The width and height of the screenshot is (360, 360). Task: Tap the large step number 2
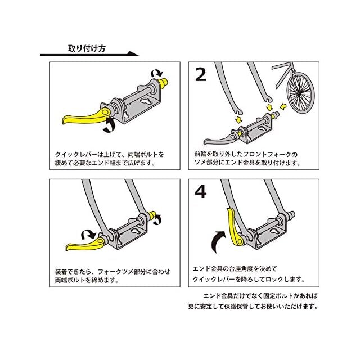point(201,75)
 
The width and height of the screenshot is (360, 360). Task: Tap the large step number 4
point(201,192)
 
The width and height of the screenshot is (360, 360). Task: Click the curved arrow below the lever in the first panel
point(111,126)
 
